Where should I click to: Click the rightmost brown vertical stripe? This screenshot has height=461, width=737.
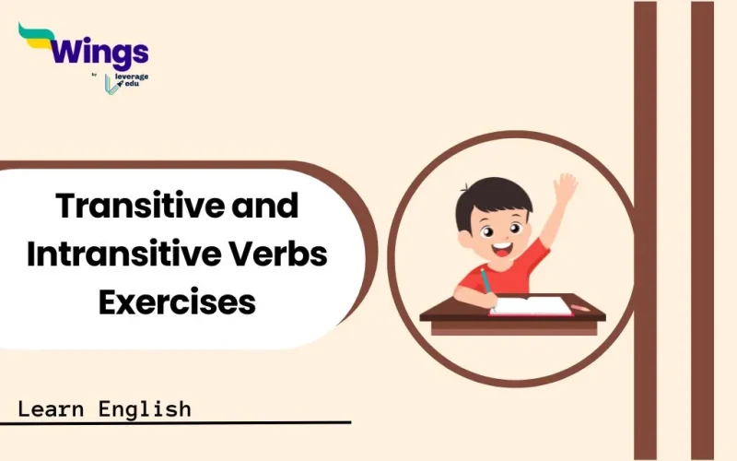pyautogui.click(x=702, y=230)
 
